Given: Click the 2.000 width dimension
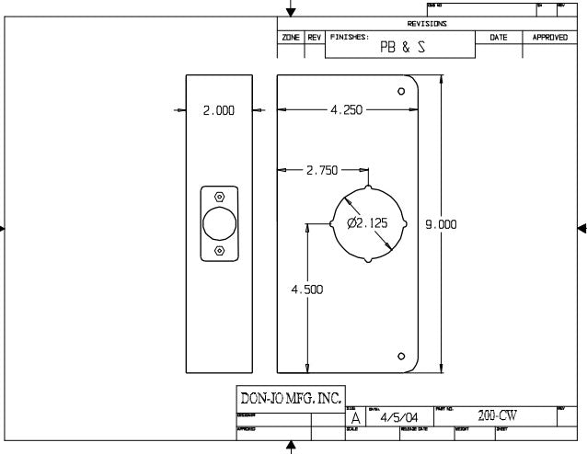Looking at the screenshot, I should point(219,110).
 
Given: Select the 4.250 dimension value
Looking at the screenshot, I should point(345,110).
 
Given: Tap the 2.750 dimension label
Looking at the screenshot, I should point(322,170).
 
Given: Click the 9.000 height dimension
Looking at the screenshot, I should point(441,223).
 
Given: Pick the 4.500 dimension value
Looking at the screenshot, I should point(306,289).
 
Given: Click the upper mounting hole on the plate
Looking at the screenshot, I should point(401,92).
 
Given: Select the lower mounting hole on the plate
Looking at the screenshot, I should point(401,356).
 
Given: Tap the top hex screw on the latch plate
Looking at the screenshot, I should point(219,198).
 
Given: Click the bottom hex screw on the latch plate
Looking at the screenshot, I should point(219,251).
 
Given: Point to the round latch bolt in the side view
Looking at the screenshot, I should point(219,224).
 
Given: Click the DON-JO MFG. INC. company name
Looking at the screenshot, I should point(290,398).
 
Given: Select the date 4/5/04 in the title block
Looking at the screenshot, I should point(397,417).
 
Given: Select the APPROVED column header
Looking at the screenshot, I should point(550,37).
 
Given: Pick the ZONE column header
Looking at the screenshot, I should point(291,37).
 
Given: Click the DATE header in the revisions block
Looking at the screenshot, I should point(499,37).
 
